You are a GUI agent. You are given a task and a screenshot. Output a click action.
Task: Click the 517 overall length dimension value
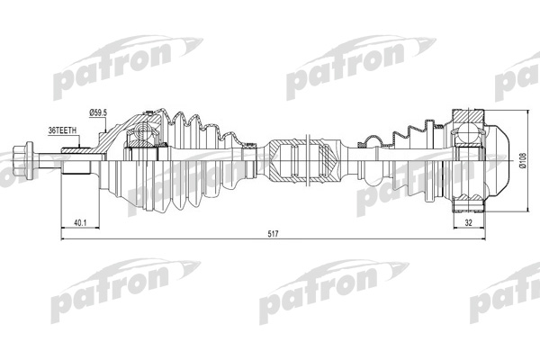coord(273,234)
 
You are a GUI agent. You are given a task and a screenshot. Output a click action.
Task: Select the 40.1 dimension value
coord(80,223)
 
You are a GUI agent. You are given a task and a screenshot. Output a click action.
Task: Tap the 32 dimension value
coord(468,222)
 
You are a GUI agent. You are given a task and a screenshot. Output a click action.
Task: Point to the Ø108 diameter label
coord(523,161)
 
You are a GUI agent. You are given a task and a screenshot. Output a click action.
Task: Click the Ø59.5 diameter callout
coord(98,112)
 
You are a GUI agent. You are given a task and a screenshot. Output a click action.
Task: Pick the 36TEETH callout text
coord(62,130)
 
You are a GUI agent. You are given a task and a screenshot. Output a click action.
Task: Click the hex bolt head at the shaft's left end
coord(22,160)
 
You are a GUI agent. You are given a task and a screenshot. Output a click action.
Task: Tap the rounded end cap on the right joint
coord(497,161)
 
